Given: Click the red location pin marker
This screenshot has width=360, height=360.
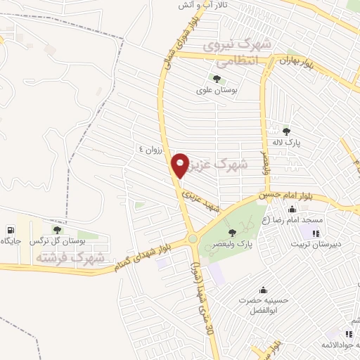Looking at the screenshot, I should click(x=181, y=165).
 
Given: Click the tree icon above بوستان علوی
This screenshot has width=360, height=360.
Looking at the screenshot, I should click(x=214, y=78).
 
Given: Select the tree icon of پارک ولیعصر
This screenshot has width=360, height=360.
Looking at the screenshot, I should click(x=233, y=233).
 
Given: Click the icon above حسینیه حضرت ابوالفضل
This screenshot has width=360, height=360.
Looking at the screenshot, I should click(x=262, y=289).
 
